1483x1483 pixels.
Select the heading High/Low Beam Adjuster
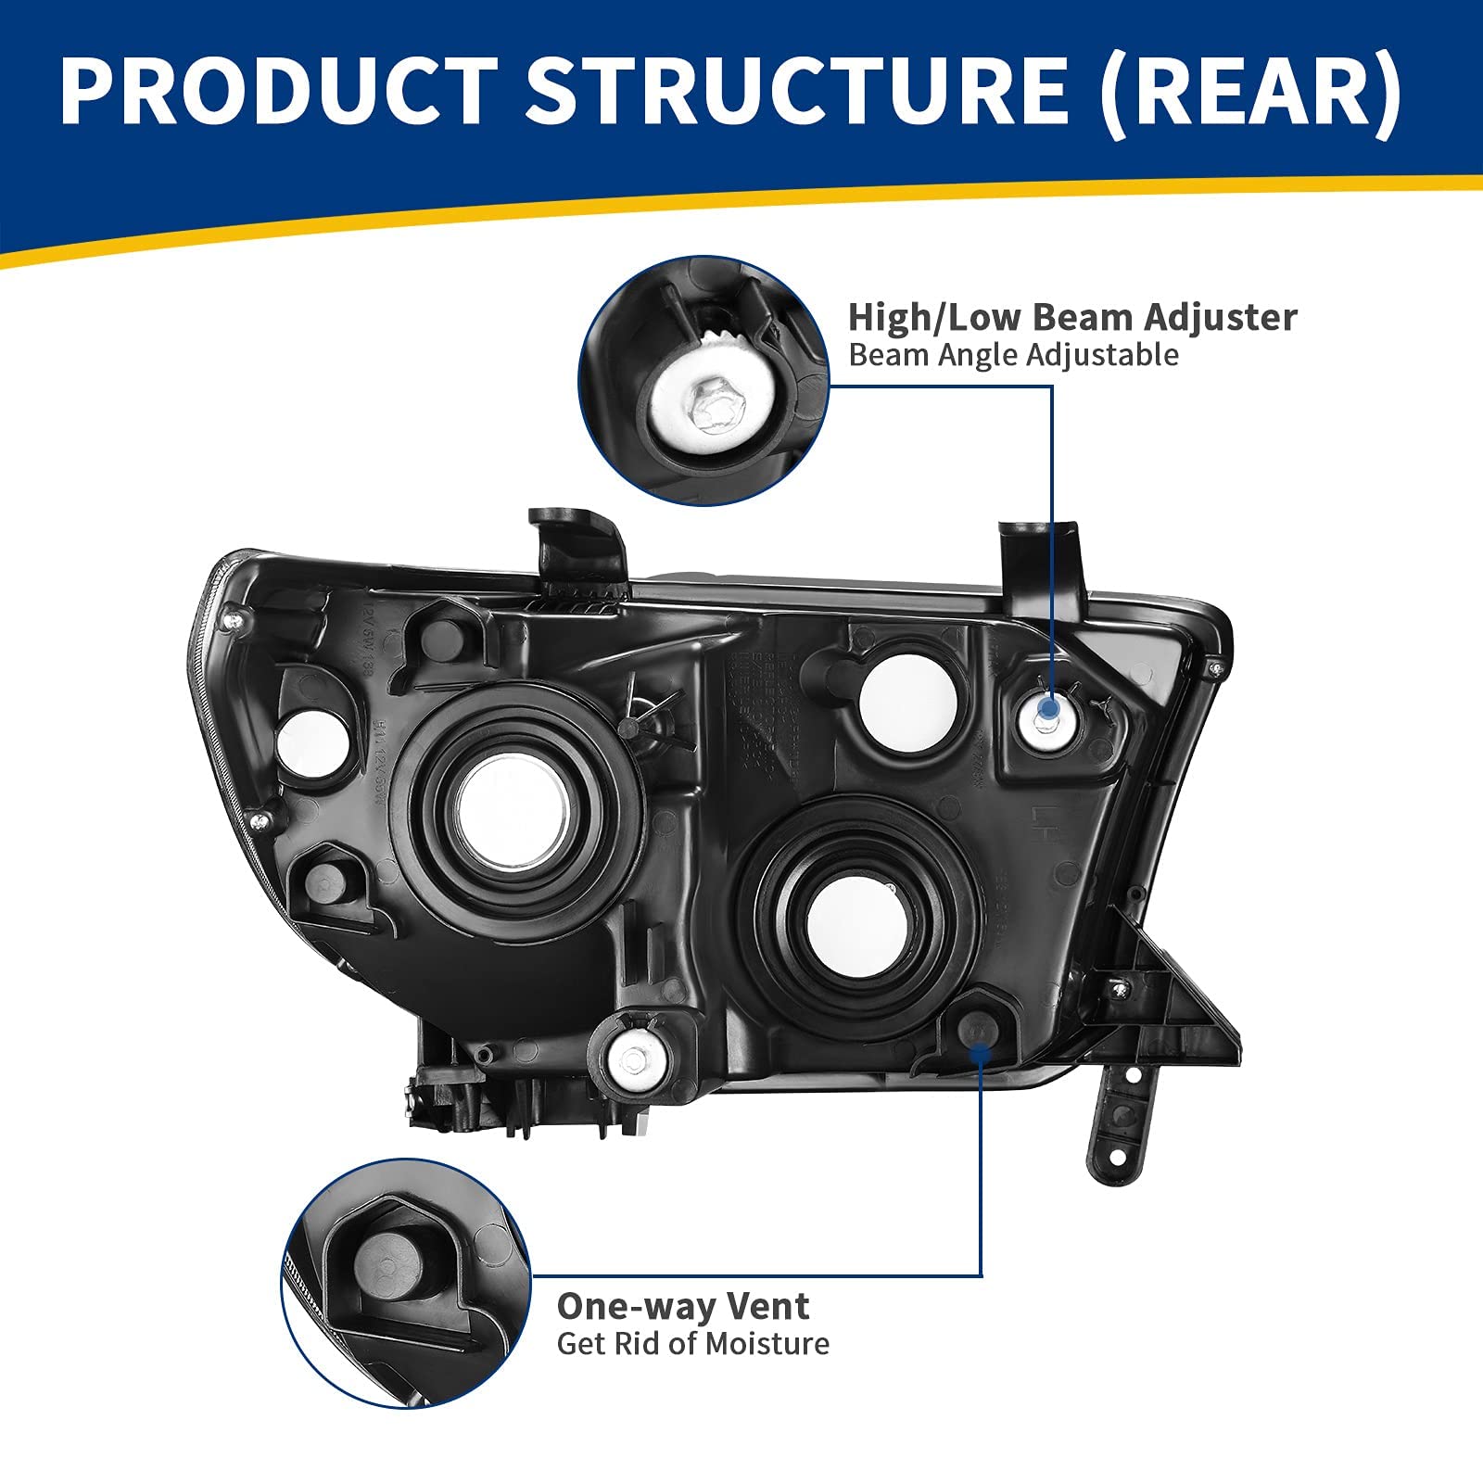[x=1072, y=317]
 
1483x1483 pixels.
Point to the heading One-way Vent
[x=683, y=1306]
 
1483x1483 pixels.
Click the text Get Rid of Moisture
[x=692, y=1343]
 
